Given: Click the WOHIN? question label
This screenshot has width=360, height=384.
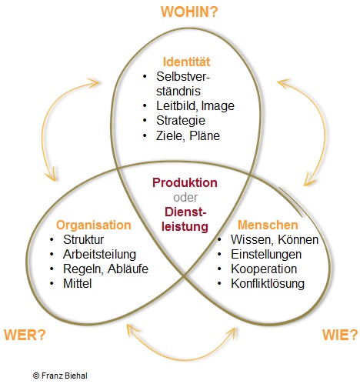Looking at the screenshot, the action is point(189,12).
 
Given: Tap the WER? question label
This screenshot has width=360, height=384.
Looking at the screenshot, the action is point(25,335).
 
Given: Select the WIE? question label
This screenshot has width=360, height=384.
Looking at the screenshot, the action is point(340,335).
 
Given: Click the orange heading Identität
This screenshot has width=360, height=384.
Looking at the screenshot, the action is point(186,62).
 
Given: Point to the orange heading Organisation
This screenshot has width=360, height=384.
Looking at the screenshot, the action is point(94,225).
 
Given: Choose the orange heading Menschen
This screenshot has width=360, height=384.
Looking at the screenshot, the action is point(268,225).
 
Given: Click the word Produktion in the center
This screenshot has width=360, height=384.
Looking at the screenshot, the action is point(185,182).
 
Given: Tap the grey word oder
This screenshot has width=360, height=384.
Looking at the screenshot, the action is point(185,198).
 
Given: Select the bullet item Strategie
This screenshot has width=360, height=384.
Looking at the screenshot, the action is point(181,121).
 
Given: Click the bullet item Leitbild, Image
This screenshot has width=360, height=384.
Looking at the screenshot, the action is point(195,105).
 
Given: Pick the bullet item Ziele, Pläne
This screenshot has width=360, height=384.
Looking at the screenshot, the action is point(188,135).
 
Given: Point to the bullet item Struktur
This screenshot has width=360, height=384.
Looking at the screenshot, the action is point(83,239).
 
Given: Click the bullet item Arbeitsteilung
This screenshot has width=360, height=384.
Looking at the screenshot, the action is point(99,255).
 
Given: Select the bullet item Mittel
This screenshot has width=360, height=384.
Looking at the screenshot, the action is point(77,283).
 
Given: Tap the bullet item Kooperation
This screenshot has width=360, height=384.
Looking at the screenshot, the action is point(264,269).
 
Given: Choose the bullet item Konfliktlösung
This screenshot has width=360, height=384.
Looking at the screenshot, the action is point(268,284).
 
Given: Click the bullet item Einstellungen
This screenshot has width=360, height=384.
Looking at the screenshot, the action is point(266,255).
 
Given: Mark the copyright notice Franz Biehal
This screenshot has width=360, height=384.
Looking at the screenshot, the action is point(60,376).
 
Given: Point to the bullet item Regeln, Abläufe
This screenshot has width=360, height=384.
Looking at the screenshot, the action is point(105,269).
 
